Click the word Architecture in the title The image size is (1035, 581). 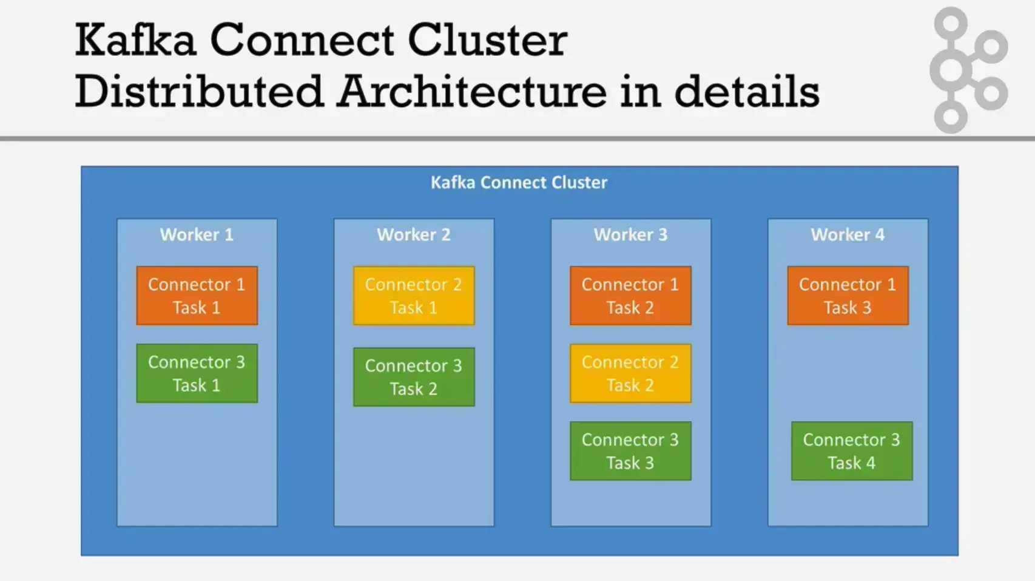point(472,92)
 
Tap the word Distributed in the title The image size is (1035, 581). point(199,92)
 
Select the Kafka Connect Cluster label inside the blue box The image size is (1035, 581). point(519,183)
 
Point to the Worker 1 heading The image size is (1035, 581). point(197,235)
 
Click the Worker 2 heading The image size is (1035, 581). point(414,235)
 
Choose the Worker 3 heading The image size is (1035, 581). point(630,235)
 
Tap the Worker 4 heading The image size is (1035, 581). point(848,235)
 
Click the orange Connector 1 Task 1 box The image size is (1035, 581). point(197,296)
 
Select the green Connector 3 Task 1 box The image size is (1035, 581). point(197,373)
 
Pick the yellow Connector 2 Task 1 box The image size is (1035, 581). point(414,296)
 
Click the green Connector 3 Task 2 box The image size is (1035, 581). point(414,377)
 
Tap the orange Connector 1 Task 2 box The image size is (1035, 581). point(630,296)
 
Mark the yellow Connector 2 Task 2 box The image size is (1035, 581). point(630,373)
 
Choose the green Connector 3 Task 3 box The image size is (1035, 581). point(630,451)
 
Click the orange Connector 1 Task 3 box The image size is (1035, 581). point(848,296)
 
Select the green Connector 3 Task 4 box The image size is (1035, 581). point(851,451)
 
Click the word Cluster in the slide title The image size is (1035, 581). point(487,40)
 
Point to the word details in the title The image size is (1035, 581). point(747,92)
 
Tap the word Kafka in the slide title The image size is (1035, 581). point(135,40)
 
